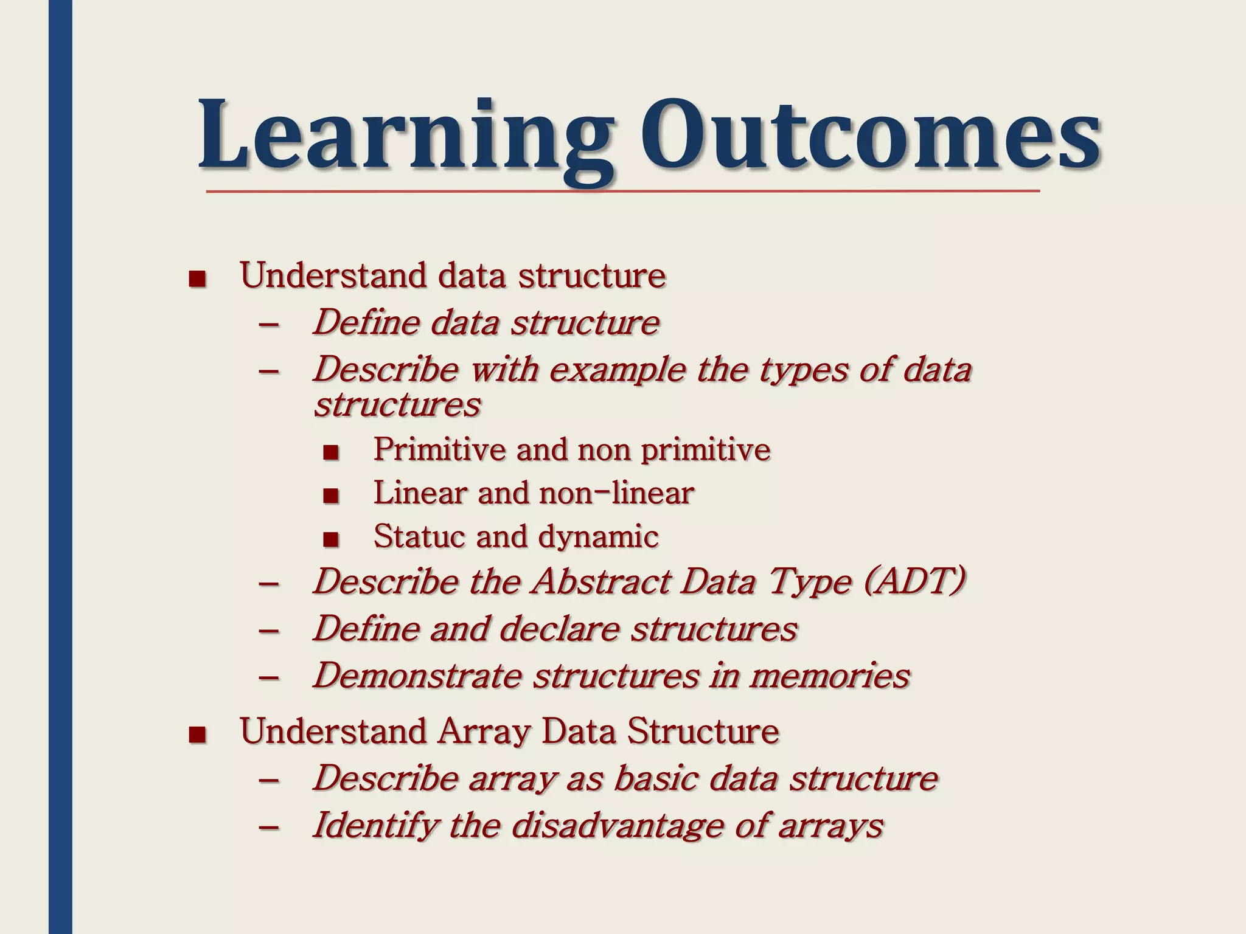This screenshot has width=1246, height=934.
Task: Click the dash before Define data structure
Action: (269, 325)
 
